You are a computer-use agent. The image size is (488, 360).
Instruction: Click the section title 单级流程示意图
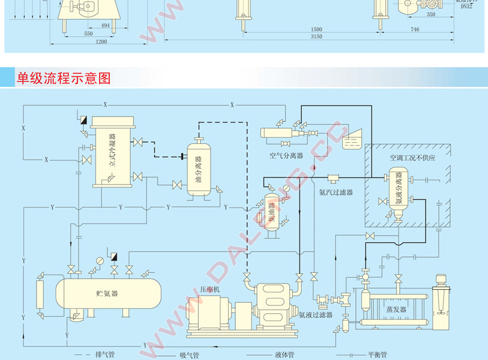[x=63, y=78]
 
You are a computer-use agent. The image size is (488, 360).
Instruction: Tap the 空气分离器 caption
[x=286, y=155]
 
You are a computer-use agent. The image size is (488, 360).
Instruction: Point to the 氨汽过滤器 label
[x=336, y=192]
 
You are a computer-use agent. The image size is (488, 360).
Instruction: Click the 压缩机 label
[x=210, y=289]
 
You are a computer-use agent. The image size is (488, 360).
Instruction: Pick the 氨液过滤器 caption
[x=316, y=315]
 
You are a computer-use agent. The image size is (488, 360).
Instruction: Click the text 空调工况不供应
[x=412, y=157]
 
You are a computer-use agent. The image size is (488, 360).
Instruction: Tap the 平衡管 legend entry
[x=377, y=354]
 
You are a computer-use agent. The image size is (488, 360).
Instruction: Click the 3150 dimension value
[x=316, y=36]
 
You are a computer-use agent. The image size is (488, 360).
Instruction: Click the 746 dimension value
[x=415, y=29]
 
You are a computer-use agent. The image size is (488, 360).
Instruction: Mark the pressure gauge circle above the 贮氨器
[x=100, y=260]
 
